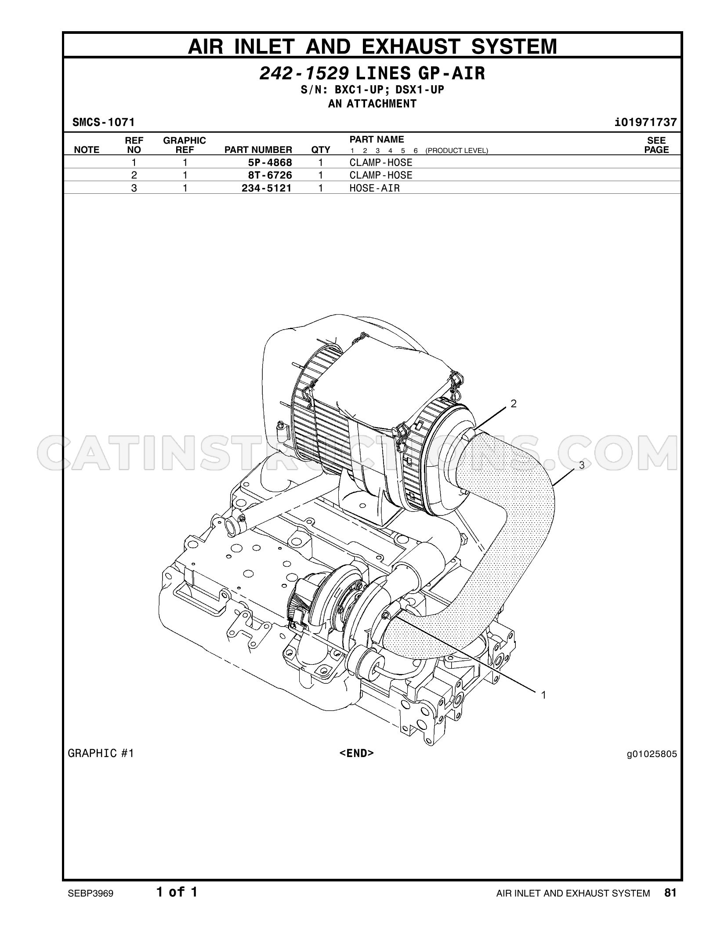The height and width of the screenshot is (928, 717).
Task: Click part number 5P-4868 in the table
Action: coord(270,163)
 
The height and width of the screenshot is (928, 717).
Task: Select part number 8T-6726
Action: coord(270,175)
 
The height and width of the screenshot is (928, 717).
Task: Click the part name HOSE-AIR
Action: coord(375,188)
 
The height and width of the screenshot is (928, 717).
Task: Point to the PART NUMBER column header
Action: coord(258,150)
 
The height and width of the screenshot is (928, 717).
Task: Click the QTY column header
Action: coord(321,150)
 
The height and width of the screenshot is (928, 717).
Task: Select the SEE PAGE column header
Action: coord(656,145)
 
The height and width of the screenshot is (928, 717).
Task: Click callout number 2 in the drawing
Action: coord(513,403)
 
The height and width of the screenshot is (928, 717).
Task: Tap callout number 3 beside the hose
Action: coord(582,465)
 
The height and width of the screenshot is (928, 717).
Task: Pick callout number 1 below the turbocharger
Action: coord(543,695)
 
